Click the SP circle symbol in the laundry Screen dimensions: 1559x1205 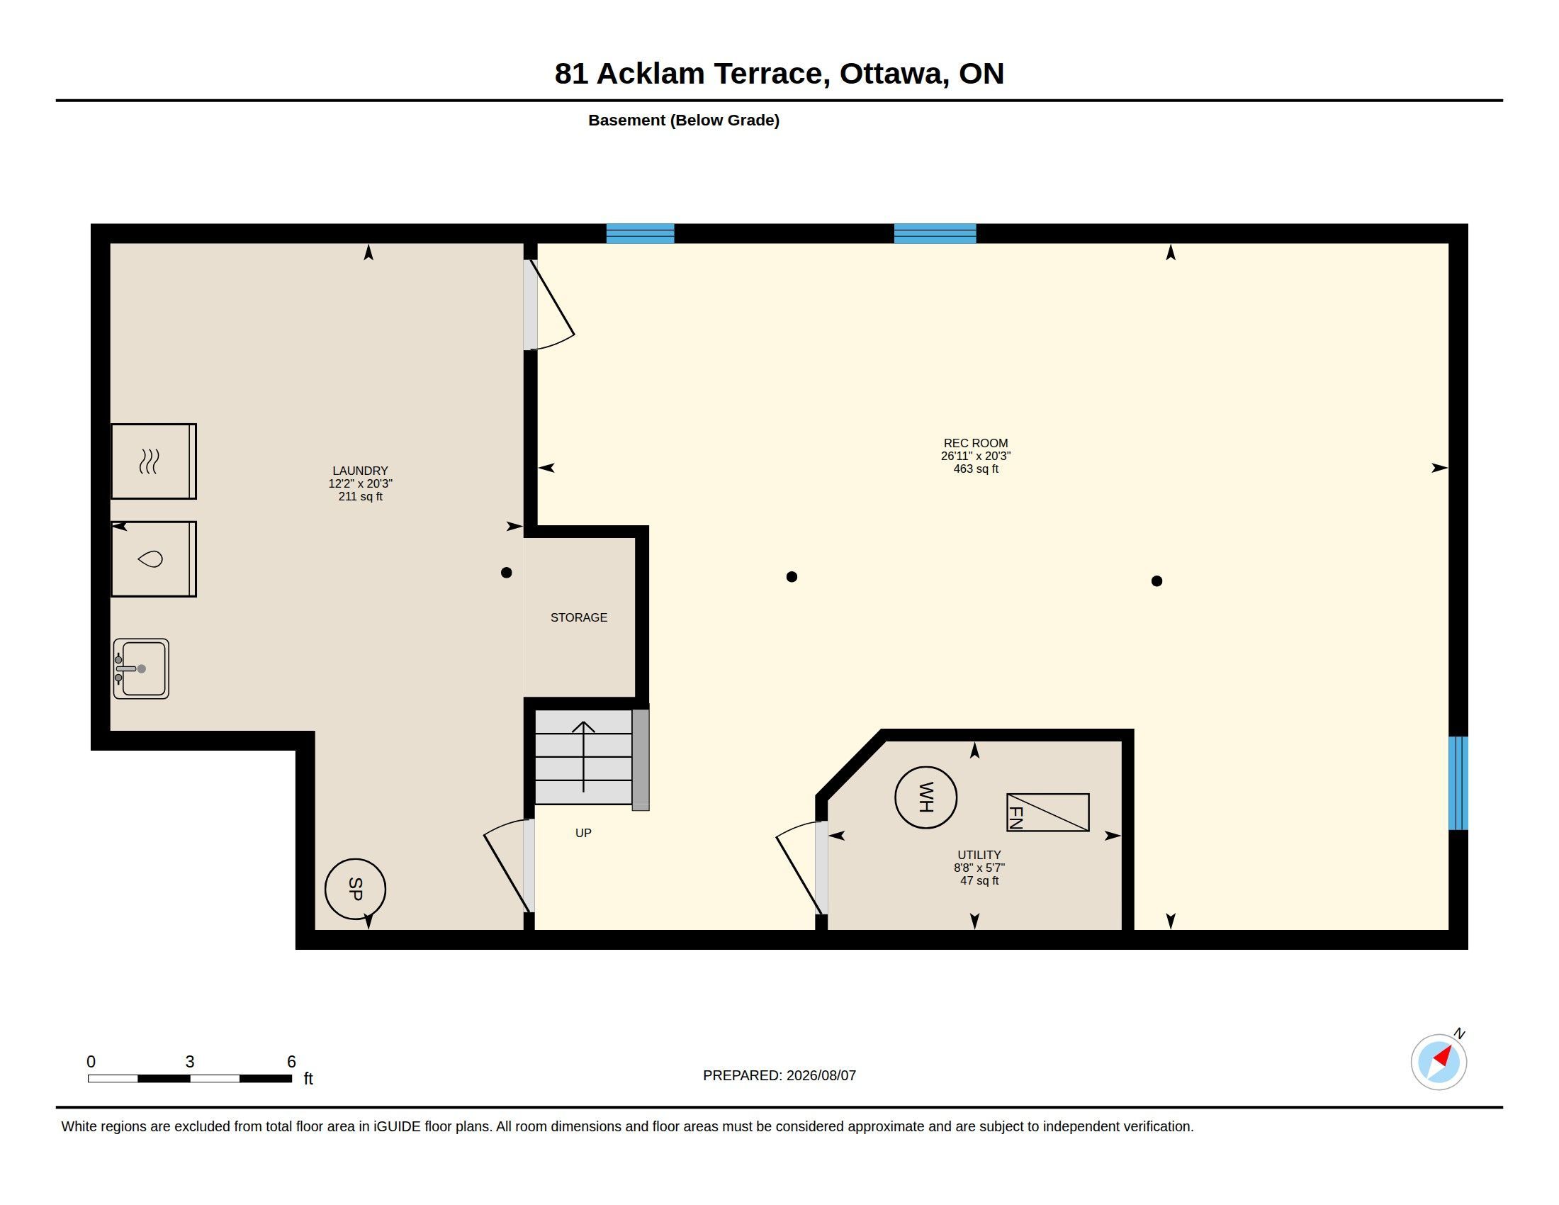click(x=356, y=889)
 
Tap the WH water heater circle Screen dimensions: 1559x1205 click(x=926, y=797)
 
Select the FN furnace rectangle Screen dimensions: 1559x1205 click(x=1048, y=812)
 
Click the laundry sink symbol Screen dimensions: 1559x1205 click(x=141, y=669)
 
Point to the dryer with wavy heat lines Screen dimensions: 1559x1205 click(x=154, y=461)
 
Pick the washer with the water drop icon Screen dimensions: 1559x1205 click(x=154, y=559)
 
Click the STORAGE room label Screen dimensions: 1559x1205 click(x=579, y=617)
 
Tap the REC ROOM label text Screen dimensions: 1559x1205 click(x=976, y=443)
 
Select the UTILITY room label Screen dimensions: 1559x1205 click(x=979, y=856)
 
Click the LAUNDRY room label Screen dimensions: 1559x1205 click(x=361, y=471)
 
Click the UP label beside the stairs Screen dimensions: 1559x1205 click(x=583, y=833)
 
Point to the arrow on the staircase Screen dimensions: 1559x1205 click(x=584, y=757)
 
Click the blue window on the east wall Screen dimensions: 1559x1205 click(x=1458, y=783)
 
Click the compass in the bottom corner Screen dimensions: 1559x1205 click(x=1439, y=1062)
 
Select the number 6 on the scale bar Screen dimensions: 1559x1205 click(x=291, y=1062)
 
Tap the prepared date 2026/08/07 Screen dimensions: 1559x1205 click(x=821, y=1076)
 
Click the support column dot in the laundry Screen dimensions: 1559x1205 click(x=507, y=573)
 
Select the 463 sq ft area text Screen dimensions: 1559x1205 click(x=976, y=469)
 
